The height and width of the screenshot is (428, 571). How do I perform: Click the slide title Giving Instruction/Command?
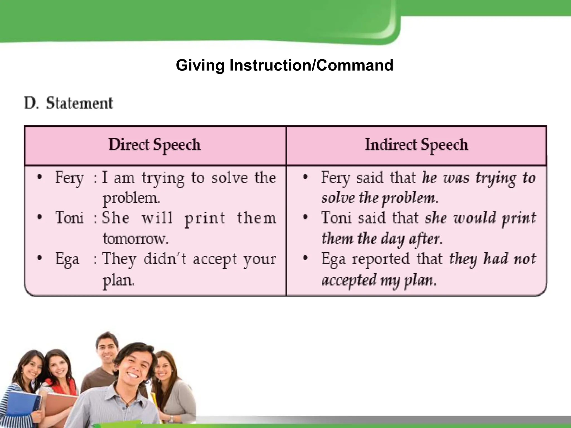pos(284,65)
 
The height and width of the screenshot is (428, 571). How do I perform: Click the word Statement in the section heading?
pos(79,103)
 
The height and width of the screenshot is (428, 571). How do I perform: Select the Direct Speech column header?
pos(155,145)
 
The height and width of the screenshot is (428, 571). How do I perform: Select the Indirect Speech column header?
pos(416,145)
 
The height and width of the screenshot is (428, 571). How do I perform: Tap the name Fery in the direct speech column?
pos(69,177)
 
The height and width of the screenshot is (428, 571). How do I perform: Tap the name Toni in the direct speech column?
pos(69,218)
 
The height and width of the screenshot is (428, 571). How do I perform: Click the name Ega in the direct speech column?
pos(67,259)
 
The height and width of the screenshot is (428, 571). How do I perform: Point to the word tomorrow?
pos(136,239)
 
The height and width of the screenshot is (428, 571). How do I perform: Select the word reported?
pos(381,259)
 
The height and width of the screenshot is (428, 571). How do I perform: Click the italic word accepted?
pos(349,280)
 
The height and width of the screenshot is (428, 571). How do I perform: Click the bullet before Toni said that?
pos(305,218)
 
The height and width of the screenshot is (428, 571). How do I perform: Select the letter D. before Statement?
pos(31,103)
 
